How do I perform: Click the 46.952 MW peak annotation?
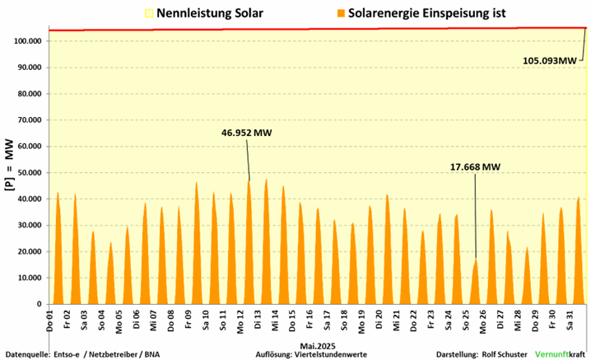(x=246, y=132)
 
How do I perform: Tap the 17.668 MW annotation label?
(x=475, y=166)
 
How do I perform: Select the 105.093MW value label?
(x=550, y=60)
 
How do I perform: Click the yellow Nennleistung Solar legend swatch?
(x=148, y=13)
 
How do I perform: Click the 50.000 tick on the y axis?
(x=30, y=173)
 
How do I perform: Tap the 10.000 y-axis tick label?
(x=30, y=278)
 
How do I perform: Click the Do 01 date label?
(x=50, y=320)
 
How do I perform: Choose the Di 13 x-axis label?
(x=258, y=320)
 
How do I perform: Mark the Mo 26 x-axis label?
(x=484, y=320)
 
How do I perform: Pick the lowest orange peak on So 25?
(x=475, y=260)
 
